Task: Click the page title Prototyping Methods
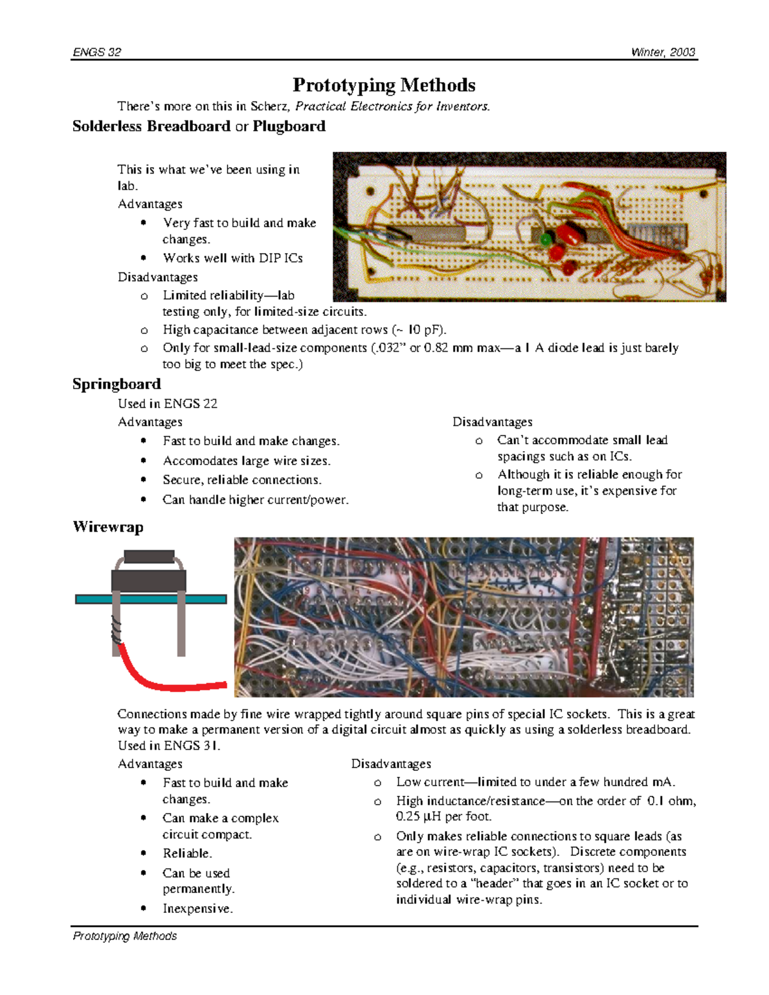tap(384, 85)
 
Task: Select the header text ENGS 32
tap(97, 52)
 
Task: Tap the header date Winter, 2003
tap(663, 52)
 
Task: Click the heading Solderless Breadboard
tap(151, 126)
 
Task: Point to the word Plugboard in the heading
tap(289, 126)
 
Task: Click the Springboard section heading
tap(117, 384)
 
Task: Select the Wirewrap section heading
tap(108, 527)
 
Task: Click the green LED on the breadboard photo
tap(546, 240)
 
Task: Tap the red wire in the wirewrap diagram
tap(167, 680)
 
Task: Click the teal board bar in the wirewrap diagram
tap(151, 599)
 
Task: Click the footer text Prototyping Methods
tap(125, 936)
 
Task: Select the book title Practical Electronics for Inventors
tap(392, 106)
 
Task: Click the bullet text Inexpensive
tap(197, 909)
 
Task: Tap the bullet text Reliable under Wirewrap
tap(187, 853)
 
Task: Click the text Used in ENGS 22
tap(167, 404)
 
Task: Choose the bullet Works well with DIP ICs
tap(233, 258)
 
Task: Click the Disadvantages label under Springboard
tap(492, 422)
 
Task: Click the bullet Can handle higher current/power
tap(256, 500)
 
